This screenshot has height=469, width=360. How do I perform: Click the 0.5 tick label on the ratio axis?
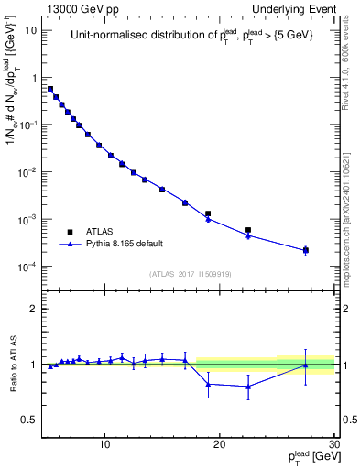coord(30,420)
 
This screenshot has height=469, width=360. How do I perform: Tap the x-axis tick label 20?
coord(219,445)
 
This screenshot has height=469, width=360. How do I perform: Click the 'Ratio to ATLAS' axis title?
coord(11,365)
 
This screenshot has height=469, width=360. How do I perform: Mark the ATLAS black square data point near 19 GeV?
coord(208,213)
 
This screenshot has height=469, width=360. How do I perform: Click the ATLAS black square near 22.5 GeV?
coord(248,230)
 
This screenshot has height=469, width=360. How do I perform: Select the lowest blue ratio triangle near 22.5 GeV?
coord(248,387)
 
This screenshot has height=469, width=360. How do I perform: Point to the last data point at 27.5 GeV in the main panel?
coord(305,250)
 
